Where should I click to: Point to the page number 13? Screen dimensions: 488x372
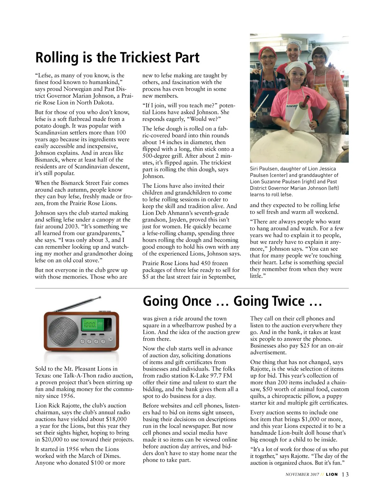pyautogui.click(x=345, y=474)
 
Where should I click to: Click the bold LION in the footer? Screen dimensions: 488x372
pyautogui.click(x=331, y=474)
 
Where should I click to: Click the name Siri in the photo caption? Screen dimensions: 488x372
pyautogui.click(x=255, y=169)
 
